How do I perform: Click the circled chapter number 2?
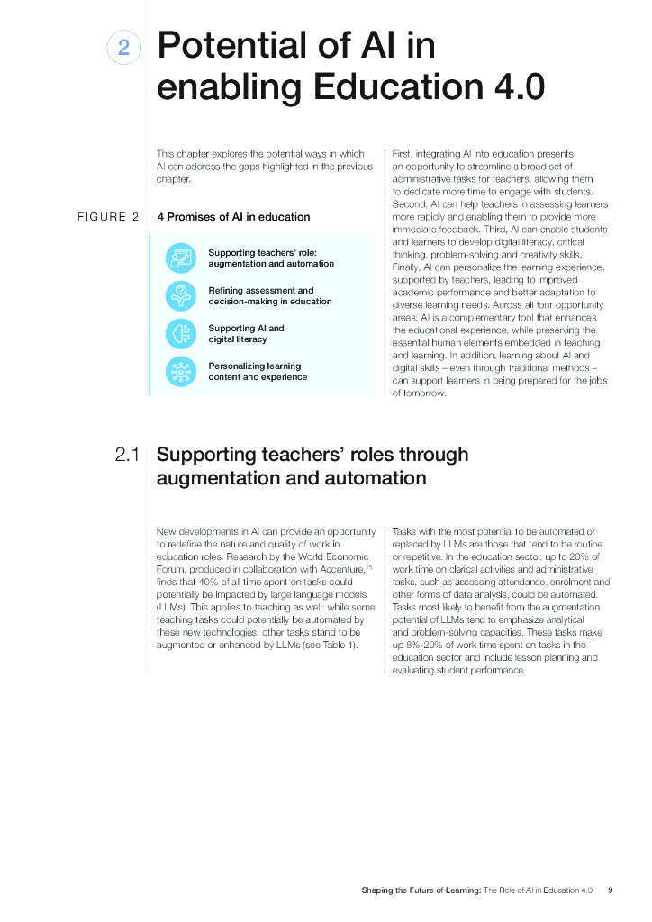coord(123,48)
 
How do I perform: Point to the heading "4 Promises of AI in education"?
coord(233,217)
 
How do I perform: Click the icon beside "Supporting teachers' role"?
coord(180,258)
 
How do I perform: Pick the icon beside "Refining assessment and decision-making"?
coord(180,295)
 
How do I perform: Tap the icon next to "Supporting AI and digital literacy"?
coord(180,333)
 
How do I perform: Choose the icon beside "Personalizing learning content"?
coord(180,371)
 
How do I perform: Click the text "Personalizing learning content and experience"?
coord(258,371)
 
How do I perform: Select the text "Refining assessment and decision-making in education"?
coord(269,295)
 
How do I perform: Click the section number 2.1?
coord(127,455)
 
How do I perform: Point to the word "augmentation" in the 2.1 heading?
coord(213,478)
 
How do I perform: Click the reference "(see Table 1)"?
coord(330,646)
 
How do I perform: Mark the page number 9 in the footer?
coord(611,890)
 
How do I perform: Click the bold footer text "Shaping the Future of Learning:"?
coord(421,890)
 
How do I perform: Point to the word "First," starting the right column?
coord(403,154)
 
